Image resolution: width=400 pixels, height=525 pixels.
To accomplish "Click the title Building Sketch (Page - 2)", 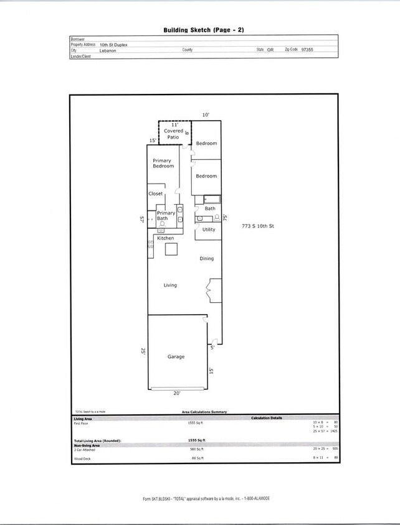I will [199, 29].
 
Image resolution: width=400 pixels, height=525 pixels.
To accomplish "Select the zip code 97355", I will [306, 49].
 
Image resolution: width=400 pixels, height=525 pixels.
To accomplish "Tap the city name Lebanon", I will [109, 50].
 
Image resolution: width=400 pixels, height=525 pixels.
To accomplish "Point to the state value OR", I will [270, 49].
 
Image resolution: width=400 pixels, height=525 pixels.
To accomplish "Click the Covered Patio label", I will [174, 131].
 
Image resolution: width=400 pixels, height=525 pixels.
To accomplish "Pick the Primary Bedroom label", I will [163, 164].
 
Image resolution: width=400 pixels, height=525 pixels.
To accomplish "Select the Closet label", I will [156, 193].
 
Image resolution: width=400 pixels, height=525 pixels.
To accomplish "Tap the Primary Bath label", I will [166, 216].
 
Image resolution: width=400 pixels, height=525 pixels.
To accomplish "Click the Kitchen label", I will [166, 238].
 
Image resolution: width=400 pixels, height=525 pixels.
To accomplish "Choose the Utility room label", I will [209, 230].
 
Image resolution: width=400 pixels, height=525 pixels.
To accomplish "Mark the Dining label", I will [206, 258].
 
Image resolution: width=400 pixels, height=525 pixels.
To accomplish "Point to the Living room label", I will [170, 285].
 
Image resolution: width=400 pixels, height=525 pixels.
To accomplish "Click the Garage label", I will [176, 357].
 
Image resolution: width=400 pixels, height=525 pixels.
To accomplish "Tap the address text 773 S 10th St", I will [258, 226].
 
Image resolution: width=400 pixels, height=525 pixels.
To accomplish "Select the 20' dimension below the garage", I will [177, 393].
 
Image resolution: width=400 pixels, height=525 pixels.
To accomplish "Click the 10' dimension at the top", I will [206, 114].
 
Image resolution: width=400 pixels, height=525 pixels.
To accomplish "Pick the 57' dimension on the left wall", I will [143, 219].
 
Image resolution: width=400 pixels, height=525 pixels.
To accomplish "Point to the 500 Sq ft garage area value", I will [196, 448].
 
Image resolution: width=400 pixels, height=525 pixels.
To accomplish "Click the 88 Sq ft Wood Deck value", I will [196, 458].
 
